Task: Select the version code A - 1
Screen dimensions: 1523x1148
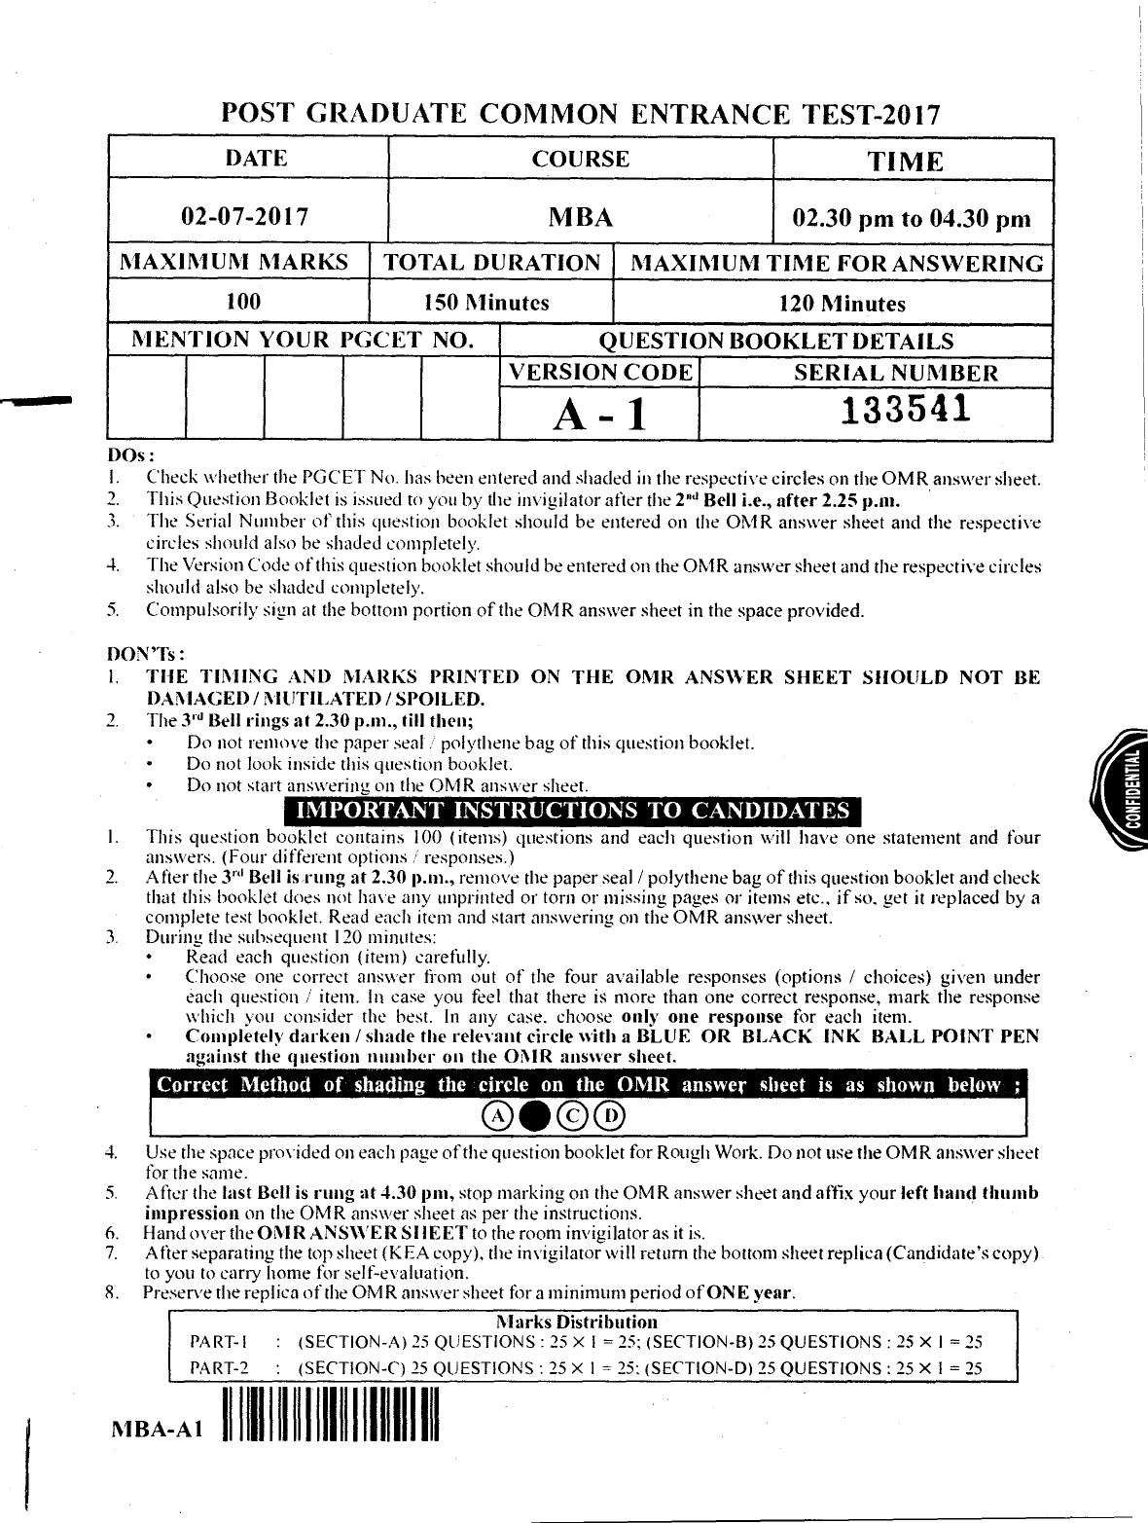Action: point(598,416)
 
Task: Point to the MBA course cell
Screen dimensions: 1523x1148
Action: point(581,216)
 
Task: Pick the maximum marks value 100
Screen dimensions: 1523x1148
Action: point(242,302)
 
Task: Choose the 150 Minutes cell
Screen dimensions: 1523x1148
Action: point(485,303)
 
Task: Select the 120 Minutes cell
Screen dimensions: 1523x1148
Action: point(842,304)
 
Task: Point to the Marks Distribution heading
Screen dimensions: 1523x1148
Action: point(577,1322)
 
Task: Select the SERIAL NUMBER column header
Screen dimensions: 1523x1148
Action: point(881,373)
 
